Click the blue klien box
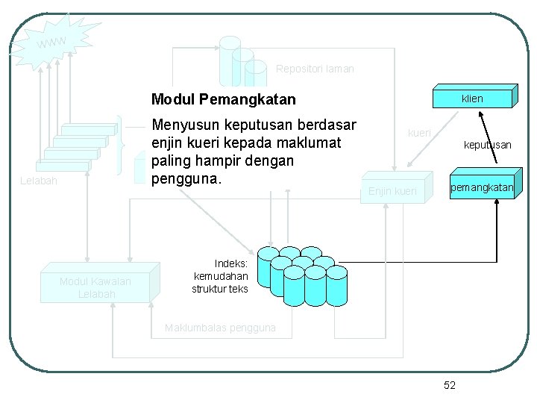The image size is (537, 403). pos(472,99)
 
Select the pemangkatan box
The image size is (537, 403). pos(481,188)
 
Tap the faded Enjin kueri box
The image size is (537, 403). pos(393,192)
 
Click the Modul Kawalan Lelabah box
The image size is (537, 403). pos(95,287)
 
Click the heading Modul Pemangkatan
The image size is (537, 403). pos(223,99)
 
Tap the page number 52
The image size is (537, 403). pos(449,385)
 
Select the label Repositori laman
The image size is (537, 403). pos(315,69)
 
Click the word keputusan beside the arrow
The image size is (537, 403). pos(487,145)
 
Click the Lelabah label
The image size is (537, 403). pos(39,181)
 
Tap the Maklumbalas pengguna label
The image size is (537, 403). pos(220,328)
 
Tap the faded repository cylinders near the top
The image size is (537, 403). pos(242,61)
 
